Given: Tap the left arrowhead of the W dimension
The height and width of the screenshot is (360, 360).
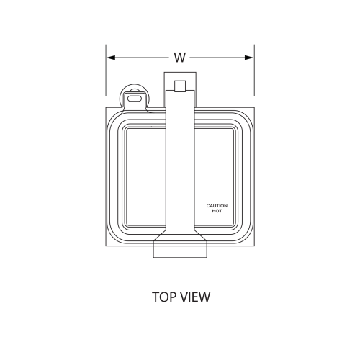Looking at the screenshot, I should [x=111, y=58].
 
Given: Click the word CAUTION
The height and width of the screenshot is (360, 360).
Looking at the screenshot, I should [x=217, y=206].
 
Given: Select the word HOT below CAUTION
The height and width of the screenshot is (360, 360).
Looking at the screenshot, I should [x=217, y=211].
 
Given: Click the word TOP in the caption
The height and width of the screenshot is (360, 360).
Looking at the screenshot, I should [x=165, y=296].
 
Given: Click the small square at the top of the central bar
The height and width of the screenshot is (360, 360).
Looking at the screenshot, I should [x=180, y=87].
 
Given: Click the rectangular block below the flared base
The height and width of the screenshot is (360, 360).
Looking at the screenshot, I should [x=180, y=250].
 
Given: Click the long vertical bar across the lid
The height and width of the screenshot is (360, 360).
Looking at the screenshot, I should [x=180, y=166].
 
